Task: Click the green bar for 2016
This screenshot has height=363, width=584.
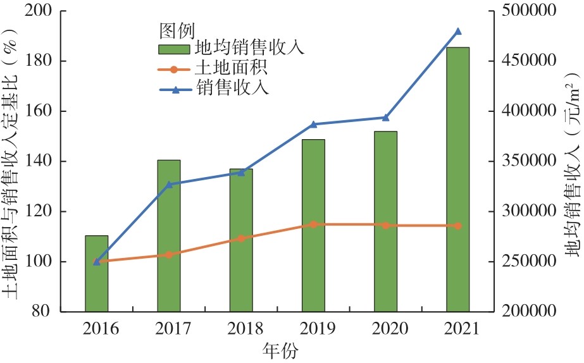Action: coord(97,273)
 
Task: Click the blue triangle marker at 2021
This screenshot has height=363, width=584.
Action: coord(458,32)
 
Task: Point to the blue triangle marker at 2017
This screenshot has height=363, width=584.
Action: coord(169,185)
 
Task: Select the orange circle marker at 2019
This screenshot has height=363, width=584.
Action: coord(313,225)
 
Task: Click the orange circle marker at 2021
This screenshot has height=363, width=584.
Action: coord(458,226)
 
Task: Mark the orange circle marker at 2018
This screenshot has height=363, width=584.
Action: coord(241,238)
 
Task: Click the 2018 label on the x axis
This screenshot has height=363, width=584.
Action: coord(241,329)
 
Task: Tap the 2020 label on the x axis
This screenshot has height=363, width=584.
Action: coord(385,329)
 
